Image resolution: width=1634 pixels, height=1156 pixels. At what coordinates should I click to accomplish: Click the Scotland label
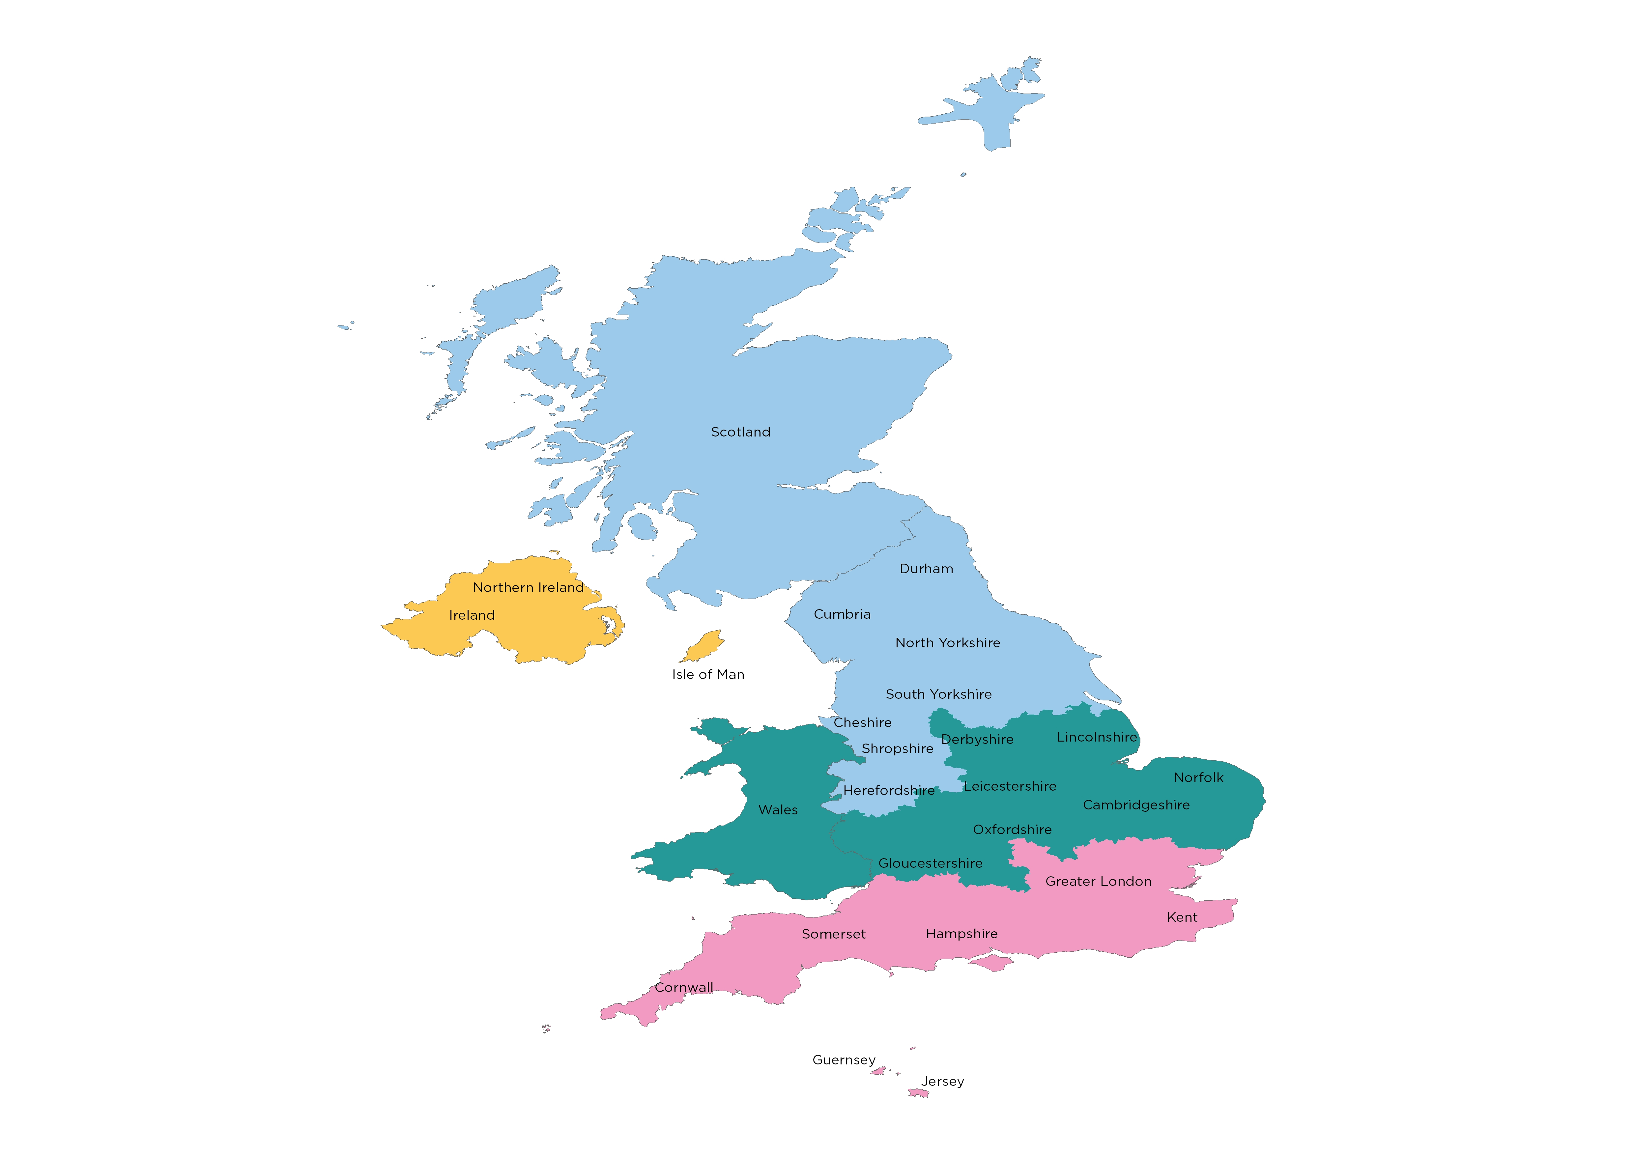[x=740, y=432]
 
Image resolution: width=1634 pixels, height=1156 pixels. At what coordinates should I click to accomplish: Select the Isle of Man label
[x=708, y=674]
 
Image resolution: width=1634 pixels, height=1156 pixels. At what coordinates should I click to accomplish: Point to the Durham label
[x=926, y=569]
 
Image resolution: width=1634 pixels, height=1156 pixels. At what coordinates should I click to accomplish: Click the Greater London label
[x=1098, y=881]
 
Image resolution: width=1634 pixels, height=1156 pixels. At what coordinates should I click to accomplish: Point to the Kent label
[x=1182, y=917]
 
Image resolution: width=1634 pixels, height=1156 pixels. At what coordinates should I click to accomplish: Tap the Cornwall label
[x=683, y=987]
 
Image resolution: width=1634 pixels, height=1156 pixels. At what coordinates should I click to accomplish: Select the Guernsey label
[x=844, y=1060]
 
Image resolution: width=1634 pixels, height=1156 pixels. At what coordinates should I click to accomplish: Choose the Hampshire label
[x=961, y=934]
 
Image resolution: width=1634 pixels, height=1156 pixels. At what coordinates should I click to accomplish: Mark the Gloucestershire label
[x=930, y=863]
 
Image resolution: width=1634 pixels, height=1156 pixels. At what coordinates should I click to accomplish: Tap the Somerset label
[x=833, y=934]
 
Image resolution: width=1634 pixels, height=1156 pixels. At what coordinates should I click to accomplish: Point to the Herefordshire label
[x=889, y=791]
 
